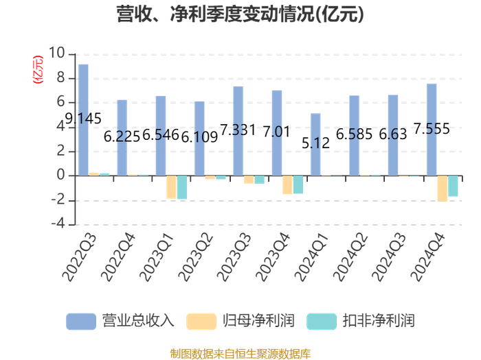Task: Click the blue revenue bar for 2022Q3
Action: [83, 120]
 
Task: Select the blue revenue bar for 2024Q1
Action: [315, 145]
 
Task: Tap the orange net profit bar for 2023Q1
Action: [171, 187]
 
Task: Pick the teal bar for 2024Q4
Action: [453, 186]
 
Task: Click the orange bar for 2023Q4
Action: [287, 185]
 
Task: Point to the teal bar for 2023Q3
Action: [260, 180]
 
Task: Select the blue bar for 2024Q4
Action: [432, 130]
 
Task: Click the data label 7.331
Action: [238, 130]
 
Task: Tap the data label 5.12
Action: [315, 143]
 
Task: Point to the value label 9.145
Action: [83, 119]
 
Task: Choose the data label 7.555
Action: [432, 129]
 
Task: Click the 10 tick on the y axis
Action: [56, 53]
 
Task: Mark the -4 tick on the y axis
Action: [58, 224]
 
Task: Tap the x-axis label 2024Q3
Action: [389, 257]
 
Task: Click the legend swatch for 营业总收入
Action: [81, 322]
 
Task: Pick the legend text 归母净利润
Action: [258, 321]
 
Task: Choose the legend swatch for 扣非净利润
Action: [322, 322]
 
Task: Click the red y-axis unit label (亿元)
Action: [38, 69]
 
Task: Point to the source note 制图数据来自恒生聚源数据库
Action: [240, 354]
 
